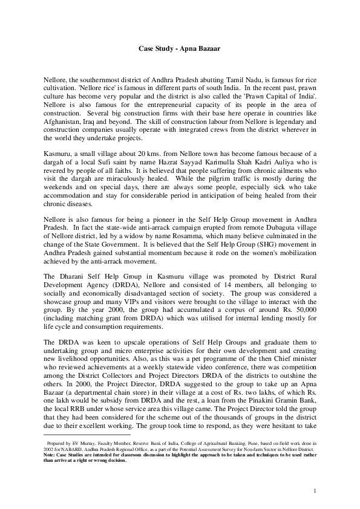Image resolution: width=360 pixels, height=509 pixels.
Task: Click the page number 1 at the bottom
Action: point(316,489)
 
